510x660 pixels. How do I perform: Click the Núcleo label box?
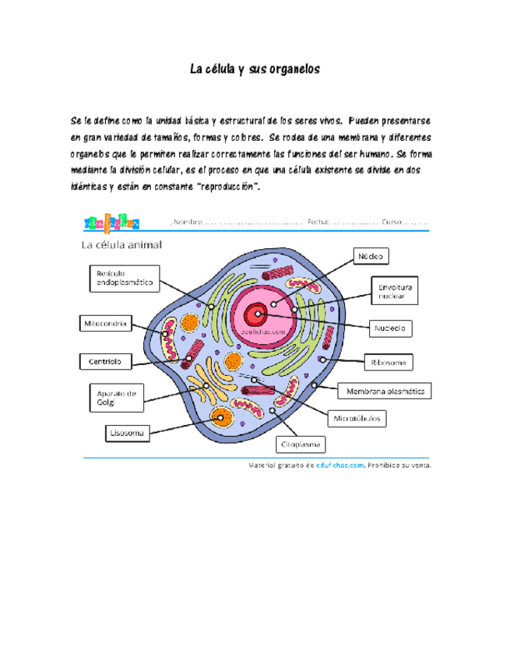click(371, 256)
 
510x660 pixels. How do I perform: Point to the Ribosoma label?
click(388, 362)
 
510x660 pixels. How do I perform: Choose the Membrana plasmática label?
click(384, 391)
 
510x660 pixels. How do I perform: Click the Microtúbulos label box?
click(357, 418)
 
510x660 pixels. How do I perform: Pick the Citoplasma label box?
click(301, 445)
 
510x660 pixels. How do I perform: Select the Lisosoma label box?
click(126, 431)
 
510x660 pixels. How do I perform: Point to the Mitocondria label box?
click(105, 322)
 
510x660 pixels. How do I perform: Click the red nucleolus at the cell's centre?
click(256, 314)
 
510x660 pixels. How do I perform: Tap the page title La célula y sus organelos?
click(255, 69)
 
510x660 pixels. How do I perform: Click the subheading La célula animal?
click(122, 245)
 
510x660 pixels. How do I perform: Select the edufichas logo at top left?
click(111, 223)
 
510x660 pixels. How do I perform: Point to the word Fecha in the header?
click(318, 222)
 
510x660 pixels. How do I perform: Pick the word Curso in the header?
click(392, 222)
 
